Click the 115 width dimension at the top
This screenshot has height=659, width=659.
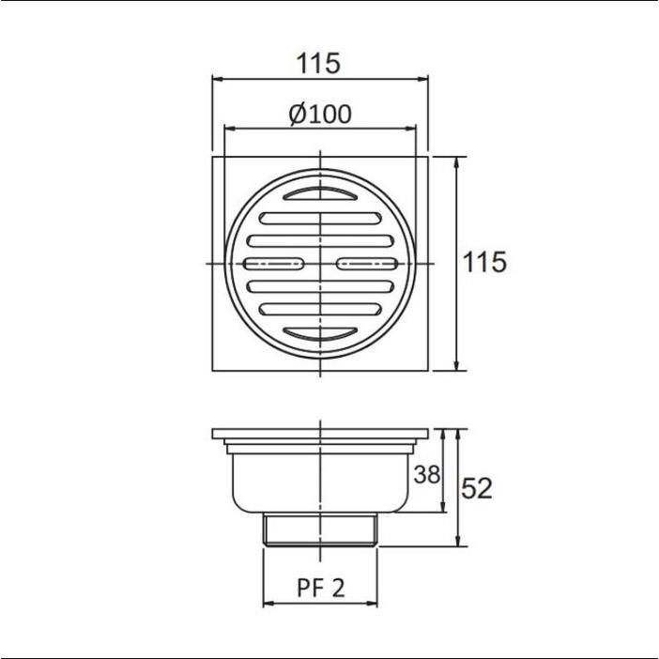319,64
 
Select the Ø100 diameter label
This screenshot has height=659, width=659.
320,115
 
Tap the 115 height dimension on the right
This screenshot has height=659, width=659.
485,262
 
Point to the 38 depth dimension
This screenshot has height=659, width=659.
426,475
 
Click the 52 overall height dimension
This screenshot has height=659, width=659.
477,488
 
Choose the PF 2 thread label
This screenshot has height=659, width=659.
320,589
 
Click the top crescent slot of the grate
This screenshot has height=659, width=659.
320,194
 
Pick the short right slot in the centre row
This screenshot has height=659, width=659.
366,263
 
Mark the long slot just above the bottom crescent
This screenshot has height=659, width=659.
320,307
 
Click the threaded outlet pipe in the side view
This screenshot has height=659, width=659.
320,531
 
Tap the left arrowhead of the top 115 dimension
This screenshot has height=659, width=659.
216,79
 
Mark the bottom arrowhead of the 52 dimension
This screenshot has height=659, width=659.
456,542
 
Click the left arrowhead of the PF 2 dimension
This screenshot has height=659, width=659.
267,602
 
